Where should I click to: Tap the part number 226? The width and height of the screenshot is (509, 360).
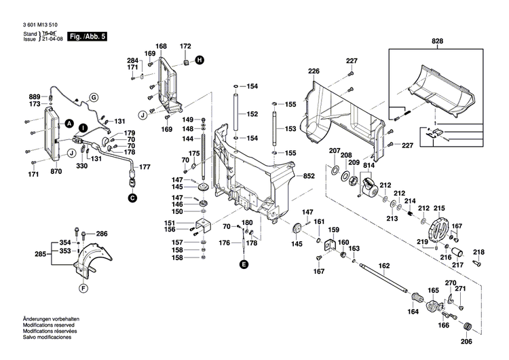pyautogui.click(x=313, y=71)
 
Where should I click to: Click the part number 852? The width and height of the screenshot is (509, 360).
pyautogui.click(x=309, y=176)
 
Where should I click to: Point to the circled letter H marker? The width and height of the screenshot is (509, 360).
pyautogui.click(x=200, y=60)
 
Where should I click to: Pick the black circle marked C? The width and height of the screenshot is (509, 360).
pyautogui.click(x=132, y=198)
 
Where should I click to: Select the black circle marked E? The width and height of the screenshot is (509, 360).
pyautogui.click(x=244, y=263)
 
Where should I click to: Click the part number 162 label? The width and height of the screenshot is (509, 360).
pyautogui.click(x=384, y=266)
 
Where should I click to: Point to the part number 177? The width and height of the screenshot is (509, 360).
pyautogui.click(x=145, y=166)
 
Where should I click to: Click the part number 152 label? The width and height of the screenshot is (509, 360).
pyautogui.click(x=252, y=114)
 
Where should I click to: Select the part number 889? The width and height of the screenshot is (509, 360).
pyautogui.click(x=34, y=96)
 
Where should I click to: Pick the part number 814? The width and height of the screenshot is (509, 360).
pyautogui.click(x=369, y=166)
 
